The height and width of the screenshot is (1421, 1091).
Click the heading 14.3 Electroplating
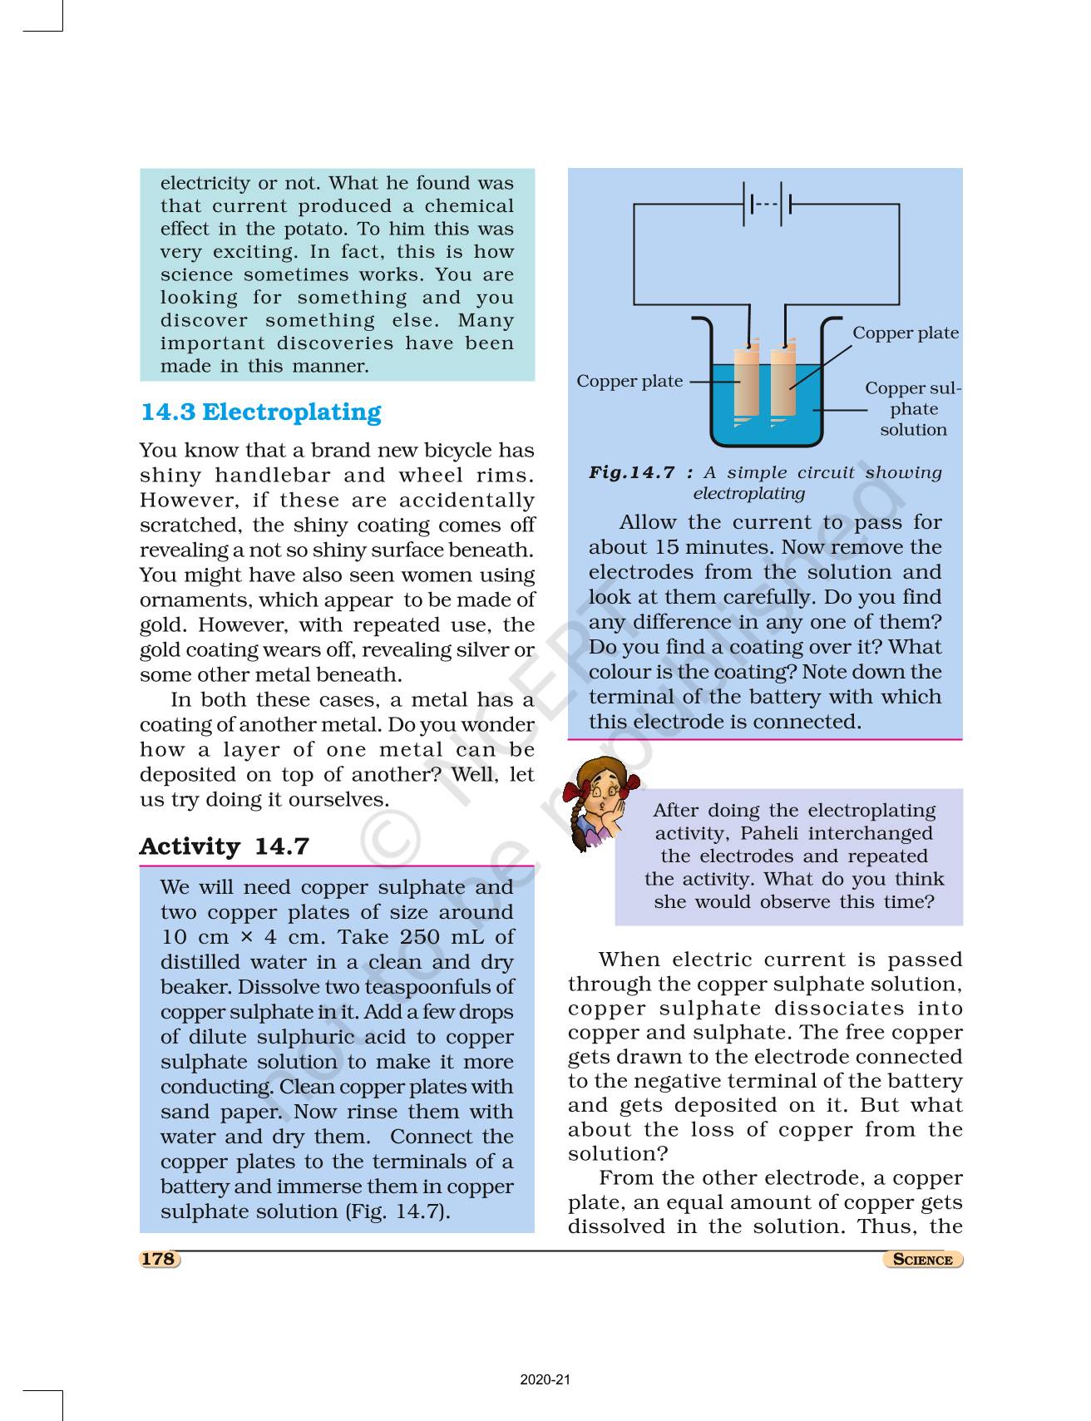point(260,412)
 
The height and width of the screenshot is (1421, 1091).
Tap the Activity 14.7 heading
point(224,846)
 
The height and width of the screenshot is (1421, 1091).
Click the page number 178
point(158,1259)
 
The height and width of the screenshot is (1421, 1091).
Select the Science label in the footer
point(922,1260)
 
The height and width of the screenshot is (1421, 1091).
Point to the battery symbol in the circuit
point(767,205)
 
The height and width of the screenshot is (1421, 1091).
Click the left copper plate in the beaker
point(747,382)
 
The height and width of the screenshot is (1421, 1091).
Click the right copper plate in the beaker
point(782,382)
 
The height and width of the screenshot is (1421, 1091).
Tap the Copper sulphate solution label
point(912,409)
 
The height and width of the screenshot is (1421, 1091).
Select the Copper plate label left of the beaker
point(629,382)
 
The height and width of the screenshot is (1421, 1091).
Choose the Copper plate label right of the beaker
point(905,333)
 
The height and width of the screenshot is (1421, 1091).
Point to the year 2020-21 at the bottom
point(545,1381)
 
